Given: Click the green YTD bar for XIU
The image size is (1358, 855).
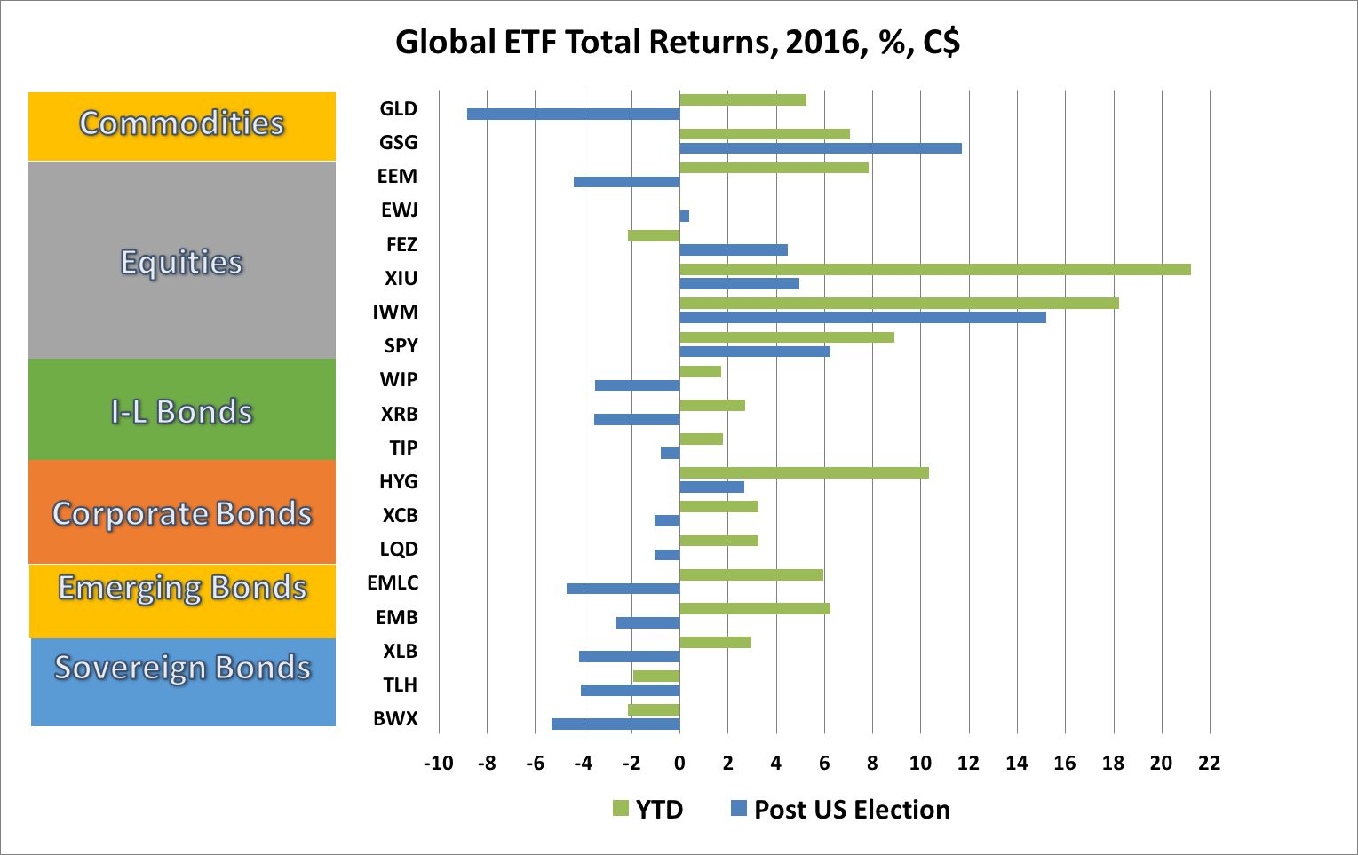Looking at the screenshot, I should pyautogui.click(x=934, y=269).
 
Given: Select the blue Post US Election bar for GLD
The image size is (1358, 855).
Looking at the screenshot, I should pyautogui.click(x=573, y=114).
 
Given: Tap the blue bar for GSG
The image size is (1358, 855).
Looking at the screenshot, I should pyautogui.click(x=820, y=148).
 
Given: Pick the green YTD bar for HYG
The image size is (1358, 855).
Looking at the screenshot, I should pyautogui.click(x=804, y=472).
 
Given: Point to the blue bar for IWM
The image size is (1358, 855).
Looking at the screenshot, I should pyautogui.click(x=862, y=317).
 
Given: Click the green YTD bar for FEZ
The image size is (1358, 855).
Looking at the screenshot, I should pyautogui.click(x=654, y=235).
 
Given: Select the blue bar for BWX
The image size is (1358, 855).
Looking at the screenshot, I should pyautogui.click(x=615, y=724).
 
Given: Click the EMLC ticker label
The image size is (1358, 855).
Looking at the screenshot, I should pyautogui.click(x=393, y=583).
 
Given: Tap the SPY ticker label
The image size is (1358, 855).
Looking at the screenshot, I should pyautogui.click(x=401, y=346).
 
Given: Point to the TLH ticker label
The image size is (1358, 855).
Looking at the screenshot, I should pyautogui.click(x=400, y=685).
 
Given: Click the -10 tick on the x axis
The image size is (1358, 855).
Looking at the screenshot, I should pyautogui.click(x=438, y=764).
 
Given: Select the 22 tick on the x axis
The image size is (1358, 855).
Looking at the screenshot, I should pyautogui.click(x=1209, y=764).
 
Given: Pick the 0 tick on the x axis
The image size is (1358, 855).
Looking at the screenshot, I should pyautogui.click(x=679, y=764).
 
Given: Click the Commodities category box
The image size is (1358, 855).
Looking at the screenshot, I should pyautogui.click(x=182, y=125).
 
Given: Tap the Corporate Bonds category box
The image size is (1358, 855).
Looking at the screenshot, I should pyautogui.click(x=182, y=512).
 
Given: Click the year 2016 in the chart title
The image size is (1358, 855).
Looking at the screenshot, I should pyautogui.click(x=823, y=43).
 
